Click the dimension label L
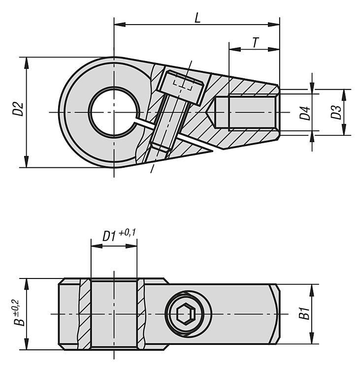(x=197, y=18)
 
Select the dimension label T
(x=255, y=43)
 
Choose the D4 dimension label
(x=305, y=113)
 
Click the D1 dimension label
(x=109, y=236)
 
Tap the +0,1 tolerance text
(x=128, y=233)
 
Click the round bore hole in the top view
(x=114, y=112)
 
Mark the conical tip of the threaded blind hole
(x=211, y=112)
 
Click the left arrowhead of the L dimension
(x=120, y=25)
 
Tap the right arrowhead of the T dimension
(x=274, y=49)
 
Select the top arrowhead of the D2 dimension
(x=27, y=62)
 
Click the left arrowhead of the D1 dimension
(x=97, y=246)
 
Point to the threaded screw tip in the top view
(x=161, y=148)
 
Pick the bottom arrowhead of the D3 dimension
(x=344, y=130)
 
